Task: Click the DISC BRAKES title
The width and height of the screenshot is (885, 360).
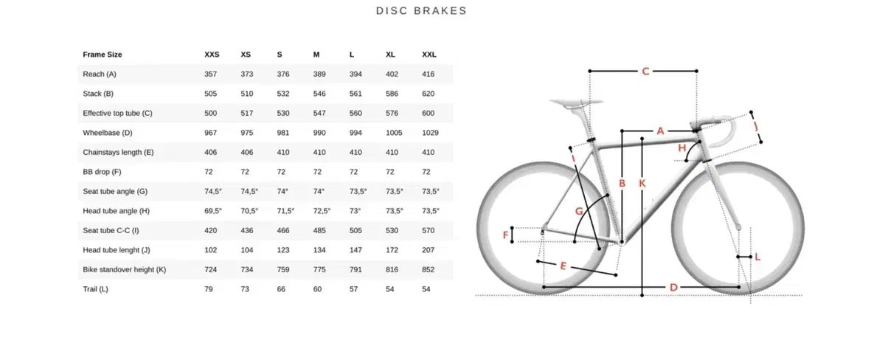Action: (421, 11)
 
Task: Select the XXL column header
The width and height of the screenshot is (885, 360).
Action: (429, 55)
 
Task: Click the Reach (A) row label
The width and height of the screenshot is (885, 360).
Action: (100, 74)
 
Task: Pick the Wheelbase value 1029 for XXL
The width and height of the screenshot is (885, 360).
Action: (430, 133)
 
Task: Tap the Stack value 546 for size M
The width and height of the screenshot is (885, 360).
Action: (319, 94)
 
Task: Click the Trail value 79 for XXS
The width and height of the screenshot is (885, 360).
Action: (209, 289)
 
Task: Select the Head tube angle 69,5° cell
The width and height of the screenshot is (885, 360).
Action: (213, 211)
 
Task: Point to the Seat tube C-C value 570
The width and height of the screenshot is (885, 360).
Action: (428, 230)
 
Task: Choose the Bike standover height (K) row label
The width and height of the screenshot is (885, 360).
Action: (125, 269)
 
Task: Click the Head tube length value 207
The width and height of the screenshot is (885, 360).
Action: (428, 250)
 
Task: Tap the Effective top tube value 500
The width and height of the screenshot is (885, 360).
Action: (211, 114)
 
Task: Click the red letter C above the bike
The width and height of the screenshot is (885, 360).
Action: (645, 72)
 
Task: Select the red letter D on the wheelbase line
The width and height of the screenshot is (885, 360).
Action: (673, 287)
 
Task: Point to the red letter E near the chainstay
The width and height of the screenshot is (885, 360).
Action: (563, 266)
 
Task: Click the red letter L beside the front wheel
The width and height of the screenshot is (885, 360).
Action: (757, 257)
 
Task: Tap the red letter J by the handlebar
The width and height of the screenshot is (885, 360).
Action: (756, 126)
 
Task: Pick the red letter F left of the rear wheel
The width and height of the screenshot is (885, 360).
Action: (505, 235)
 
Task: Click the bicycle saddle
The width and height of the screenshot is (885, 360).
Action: (575, 103)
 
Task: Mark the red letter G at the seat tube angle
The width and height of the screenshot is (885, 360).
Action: (579, 211)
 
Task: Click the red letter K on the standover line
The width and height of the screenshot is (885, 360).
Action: (642, 184)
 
